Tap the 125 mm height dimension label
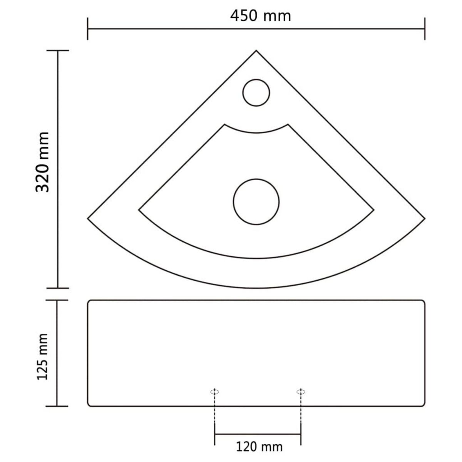[42, 357]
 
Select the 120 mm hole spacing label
[259, 447]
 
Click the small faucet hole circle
[257, 92]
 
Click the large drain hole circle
[256, 201]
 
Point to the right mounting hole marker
[301, 392]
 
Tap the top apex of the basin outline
[256, 50]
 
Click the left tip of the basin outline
[88, 218]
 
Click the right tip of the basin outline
[425, 218]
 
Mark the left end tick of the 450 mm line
[88, 28]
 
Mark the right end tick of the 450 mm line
[425, 28]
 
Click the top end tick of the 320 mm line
[58, 51]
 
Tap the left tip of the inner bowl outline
[139, 210]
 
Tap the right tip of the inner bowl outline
[373, 210]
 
